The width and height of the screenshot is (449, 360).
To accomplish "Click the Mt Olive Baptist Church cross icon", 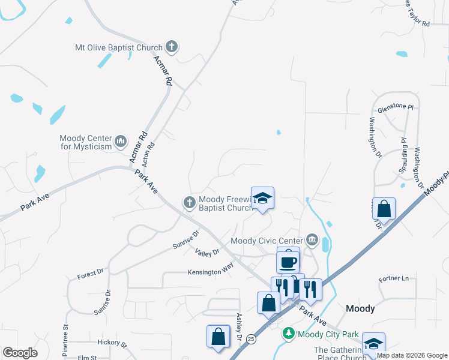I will click(x=171, y=47).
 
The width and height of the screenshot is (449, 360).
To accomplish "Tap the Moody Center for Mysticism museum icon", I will click(x=120, y=142).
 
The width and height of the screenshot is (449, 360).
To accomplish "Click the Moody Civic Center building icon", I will click(x=312, y=241).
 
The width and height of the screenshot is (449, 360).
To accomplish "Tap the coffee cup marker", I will click(x=288, y=261).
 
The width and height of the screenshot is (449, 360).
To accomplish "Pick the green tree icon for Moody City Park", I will click(x=289, y=334).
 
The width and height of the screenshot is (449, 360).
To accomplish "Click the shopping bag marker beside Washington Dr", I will click(x=384, y=209).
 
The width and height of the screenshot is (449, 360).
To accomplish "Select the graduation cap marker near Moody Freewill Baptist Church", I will click(x=262, y=198).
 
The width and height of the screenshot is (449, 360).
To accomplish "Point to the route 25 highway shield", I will click(x=250, y=340).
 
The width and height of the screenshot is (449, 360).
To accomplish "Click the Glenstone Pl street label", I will click(x=395, y=108).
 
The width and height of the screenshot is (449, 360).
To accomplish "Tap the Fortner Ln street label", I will click(x=393, y=279).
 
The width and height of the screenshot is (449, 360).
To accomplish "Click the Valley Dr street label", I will click(x=207, y=253).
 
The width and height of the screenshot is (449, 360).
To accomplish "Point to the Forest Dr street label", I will click(x=90, y=274).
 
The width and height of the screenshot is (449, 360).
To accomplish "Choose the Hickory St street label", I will click(x=112, y=344).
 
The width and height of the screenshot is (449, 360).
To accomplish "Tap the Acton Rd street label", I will click(x=149, y=154).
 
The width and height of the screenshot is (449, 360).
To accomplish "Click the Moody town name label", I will click(x=361, y=308).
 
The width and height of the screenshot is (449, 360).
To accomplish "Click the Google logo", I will click(x=20, y=353).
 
